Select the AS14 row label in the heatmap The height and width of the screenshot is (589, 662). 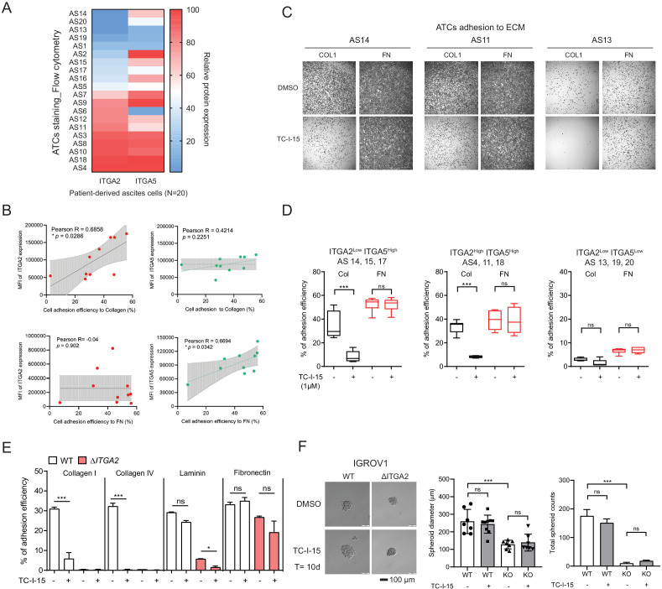pyautogui.click(x=80, y=14)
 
